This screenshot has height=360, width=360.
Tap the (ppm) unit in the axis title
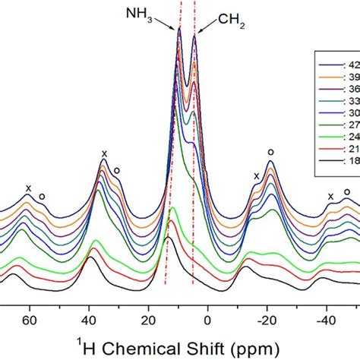coord(232,341)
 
